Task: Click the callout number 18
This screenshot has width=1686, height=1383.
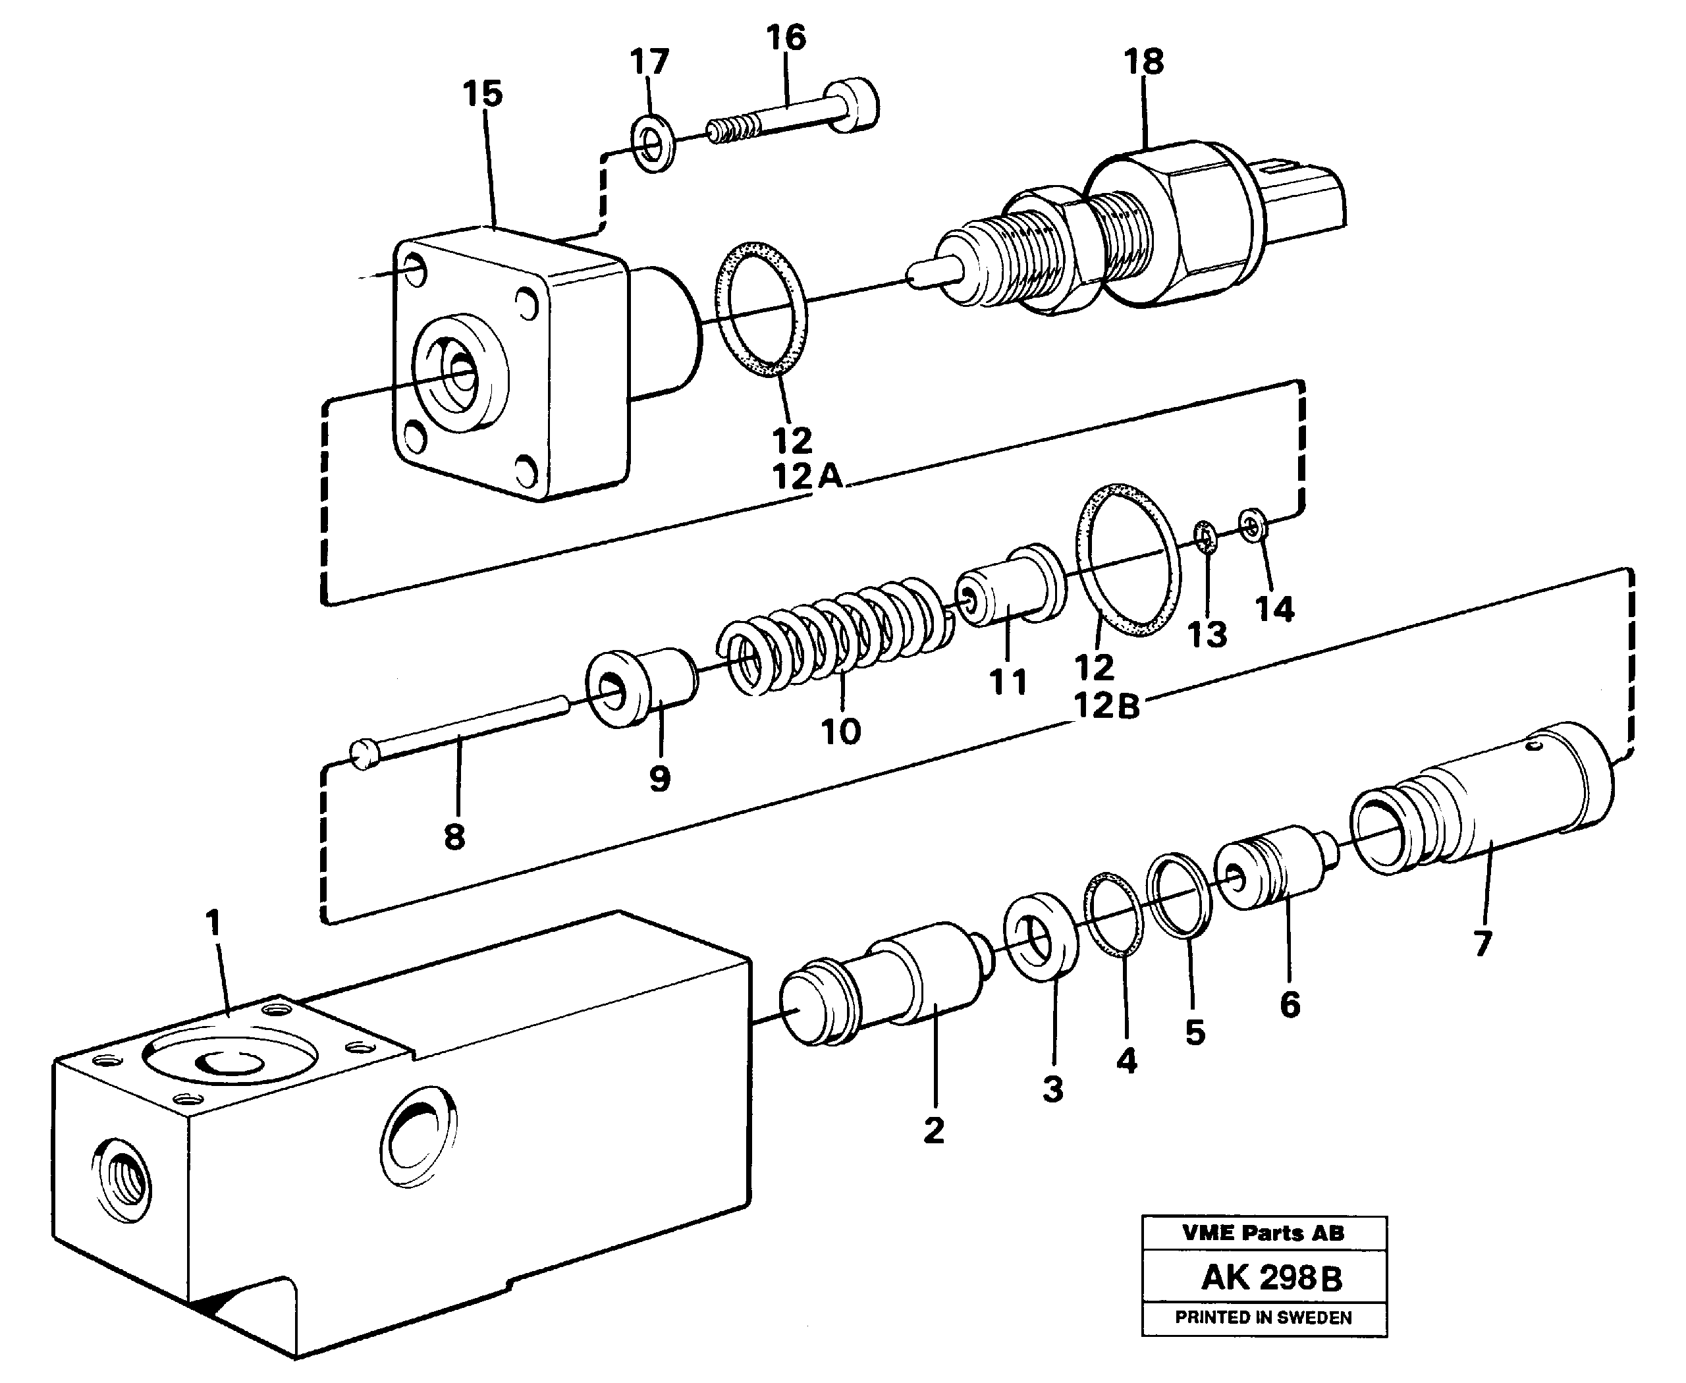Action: [x=1143, y=61]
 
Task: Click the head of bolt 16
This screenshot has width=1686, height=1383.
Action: [x=855, y=105]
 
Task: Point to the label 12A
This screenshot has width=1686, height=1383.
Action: [x=806, y=476]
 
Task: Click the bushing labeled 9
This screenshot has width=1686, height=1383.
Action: [x=641, y=686]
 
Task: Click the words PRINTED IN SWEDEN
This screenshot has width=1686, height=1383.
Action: [x=1263, y=1318]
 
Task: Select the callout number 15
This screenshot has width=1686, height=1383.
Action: [x=483, y=94]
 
